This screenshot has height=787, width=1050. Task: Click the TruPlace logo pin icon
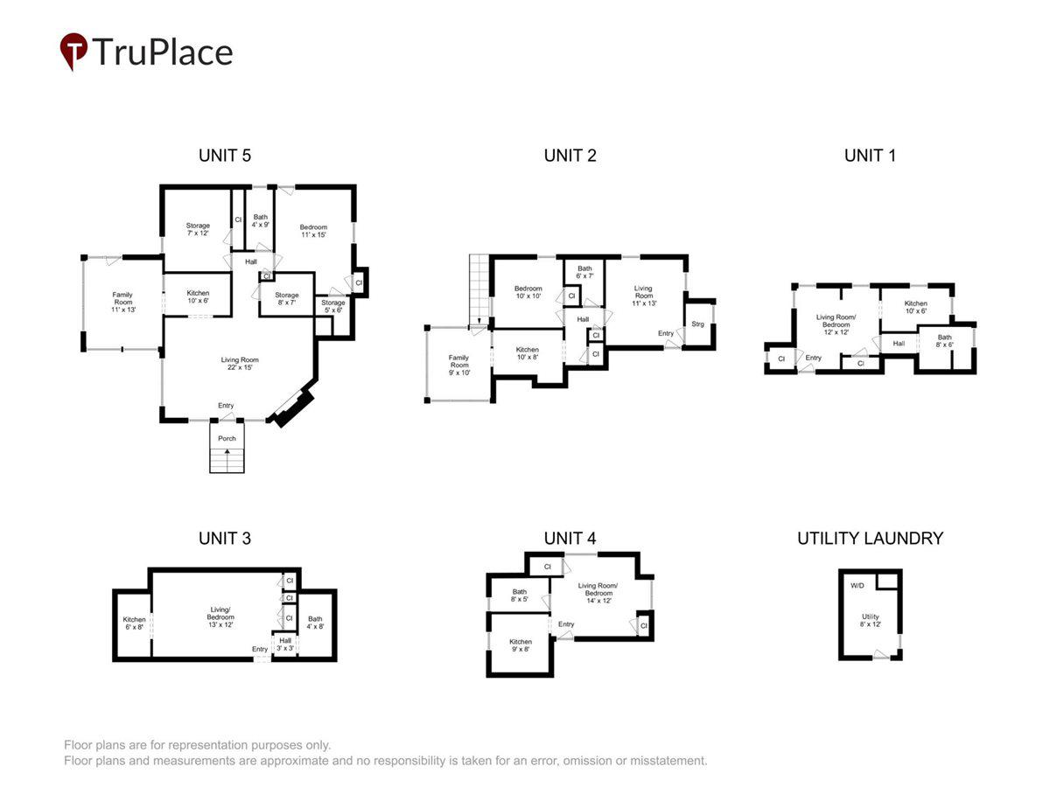tap(73, 51)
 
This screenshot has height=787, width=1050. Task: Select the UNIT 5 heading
tap(224, 156)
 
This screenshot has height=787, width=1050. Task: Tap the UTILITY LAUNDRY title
tap(870, 538)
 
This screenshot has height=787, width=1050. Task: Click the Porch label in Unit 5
tap(227, 438)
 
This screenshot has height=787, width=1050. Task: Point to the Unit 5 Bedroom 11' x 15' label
tap(313, 231)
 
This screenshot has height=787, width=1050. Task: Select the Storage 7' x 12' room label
tap(198, 229)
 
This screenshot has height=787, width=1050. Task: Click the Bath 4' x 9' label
tap(260, 220)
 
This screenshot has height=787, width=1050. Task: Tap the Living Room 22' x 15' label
tap(240, 363)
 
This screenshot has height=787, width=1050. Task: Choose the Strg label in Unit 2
tap(697, 324)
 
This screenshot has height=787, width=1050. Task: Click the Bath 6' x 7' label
tap(584, 272)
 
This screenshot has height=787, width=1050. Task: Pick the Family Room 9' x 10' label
tap(458, 365)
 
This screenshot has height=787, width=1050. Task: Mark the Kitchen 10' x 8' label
tap(527, 353)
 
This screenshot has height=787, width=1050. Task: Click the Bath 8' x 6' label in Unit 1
tap(944, 341)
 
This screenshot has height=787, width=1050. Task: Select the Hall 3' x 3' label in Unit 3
tap(285, 644)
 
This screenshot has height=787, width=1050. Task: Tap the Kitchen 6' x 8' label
tap(134, 623)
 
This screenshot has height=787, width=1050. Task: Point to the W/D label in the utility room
tap(857, 585)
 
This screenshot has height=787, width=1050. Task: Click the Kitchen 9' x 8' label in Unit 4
tap(521, 645)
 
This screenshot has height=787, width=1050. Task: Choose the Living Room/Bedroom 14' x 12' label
tap(598, 593)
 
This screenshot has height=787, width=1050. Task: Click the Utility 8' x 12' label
tap(870, 620)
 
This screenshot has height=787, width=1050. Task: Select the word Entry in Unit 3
tap(260, 649)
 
